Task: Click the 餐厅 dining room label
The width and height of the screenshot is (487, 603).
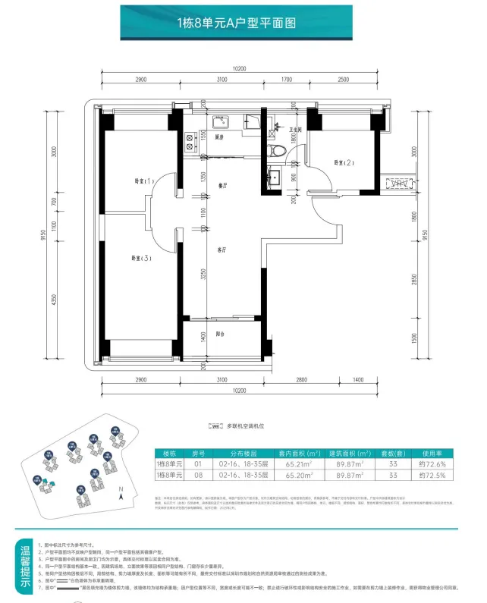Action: [x=223, y=184]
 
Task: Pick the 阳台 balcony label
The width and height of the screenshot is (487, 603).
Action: [x=220, y=334]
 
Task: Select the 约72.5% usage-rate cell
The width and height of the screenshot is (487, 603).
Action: [x=435, y=475]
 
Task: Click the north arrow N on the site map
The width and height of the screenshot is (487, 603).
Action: [x=120, y=491]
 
